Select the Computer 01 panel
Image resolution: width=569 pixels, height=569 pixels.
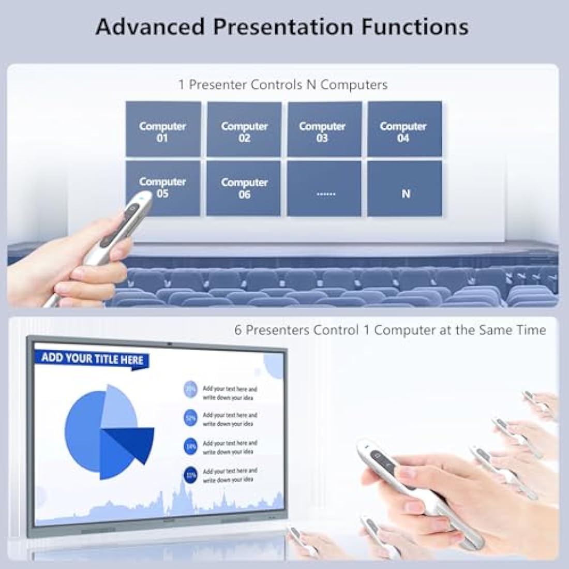pos(162,129)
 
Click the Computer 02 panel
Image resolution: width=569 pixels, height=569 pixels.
pos(244,129)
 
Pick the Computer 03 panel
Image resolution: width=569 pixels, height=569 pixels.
pos(324,129)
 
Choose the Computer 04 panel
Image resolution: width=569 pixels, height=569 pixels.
pos(405,129)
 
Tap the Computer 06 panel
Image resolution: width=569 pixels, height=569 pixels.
pos(244,188)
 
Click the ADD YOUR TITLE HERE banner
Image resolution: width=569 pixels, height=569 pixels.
pos(92,358)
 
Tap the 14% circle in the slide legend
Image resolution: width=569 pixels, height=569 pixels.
pos(191,446)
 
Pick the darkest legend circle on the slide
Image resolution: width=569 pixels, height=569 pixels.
pos(191,474)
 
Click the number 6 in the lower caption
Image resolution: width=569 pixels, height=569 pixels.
pos(238,330)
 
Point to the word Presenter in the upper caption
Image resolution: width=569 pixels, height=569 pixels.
pos(218,85)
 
